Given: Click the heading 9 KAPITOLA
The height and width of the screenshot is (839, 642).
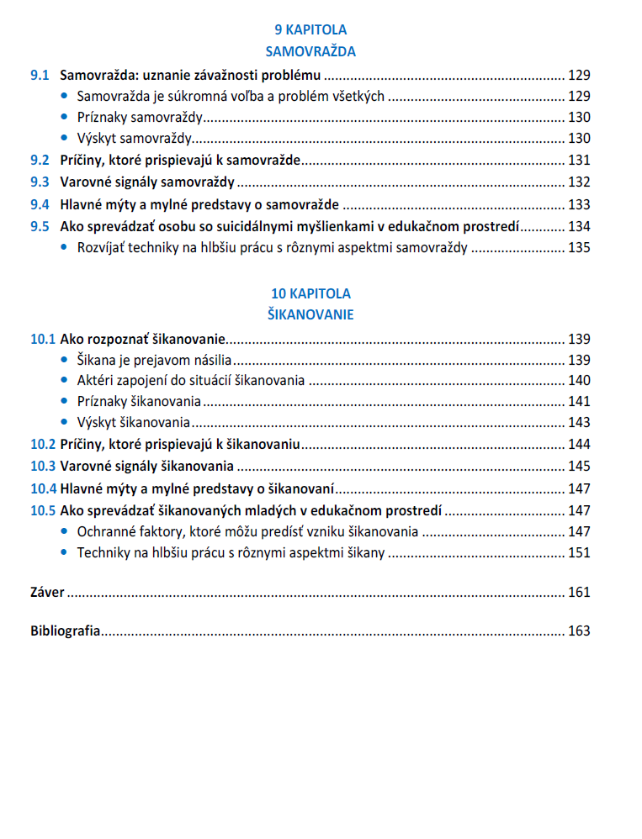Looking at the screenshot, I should point(310,30).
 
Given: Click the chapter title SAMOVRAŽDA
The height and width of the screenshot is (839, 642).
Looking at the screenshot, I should point(310,52).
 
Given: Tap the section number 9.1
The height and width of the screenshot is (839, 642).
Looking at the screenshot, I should point(40,74).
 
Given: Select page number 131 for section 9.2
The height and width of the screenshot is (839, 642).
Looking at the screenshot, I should point(580,161).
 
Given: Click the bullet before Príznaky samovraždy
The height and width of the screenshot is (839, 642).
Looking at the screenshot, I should point(66,118).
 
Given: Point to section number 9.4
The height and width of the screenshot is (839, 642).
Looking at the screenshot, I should point(40,204).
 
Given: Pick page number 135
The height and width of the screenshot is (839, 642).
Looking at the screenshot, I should point(580,248).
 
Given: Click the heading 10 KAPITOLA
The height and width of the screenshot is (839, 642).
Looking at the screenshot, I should point(310,293).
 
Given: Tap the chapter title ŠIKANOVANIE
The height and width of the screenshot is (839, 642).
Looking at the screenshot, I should point(310,315).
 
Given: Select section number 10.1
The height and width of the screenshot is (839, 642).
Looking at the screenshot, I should point(43,340).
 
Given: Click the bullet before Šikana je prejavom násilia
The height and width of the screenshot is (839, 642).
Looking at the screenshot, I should point(66,361).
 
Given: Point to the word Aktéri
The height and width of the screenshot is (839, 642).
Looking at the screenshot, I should point(96,381).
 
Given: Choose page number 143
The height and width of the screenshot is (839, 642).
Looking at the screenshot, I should point(580,423).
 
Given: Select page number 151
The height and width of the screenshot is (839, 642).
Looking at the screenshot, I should point(580,553).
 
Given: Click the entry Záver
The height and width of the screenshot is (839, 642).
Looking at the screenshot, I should point(47,593).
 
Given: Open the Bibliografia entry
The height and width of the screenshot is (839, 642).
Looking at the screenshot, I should point(66,631).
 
